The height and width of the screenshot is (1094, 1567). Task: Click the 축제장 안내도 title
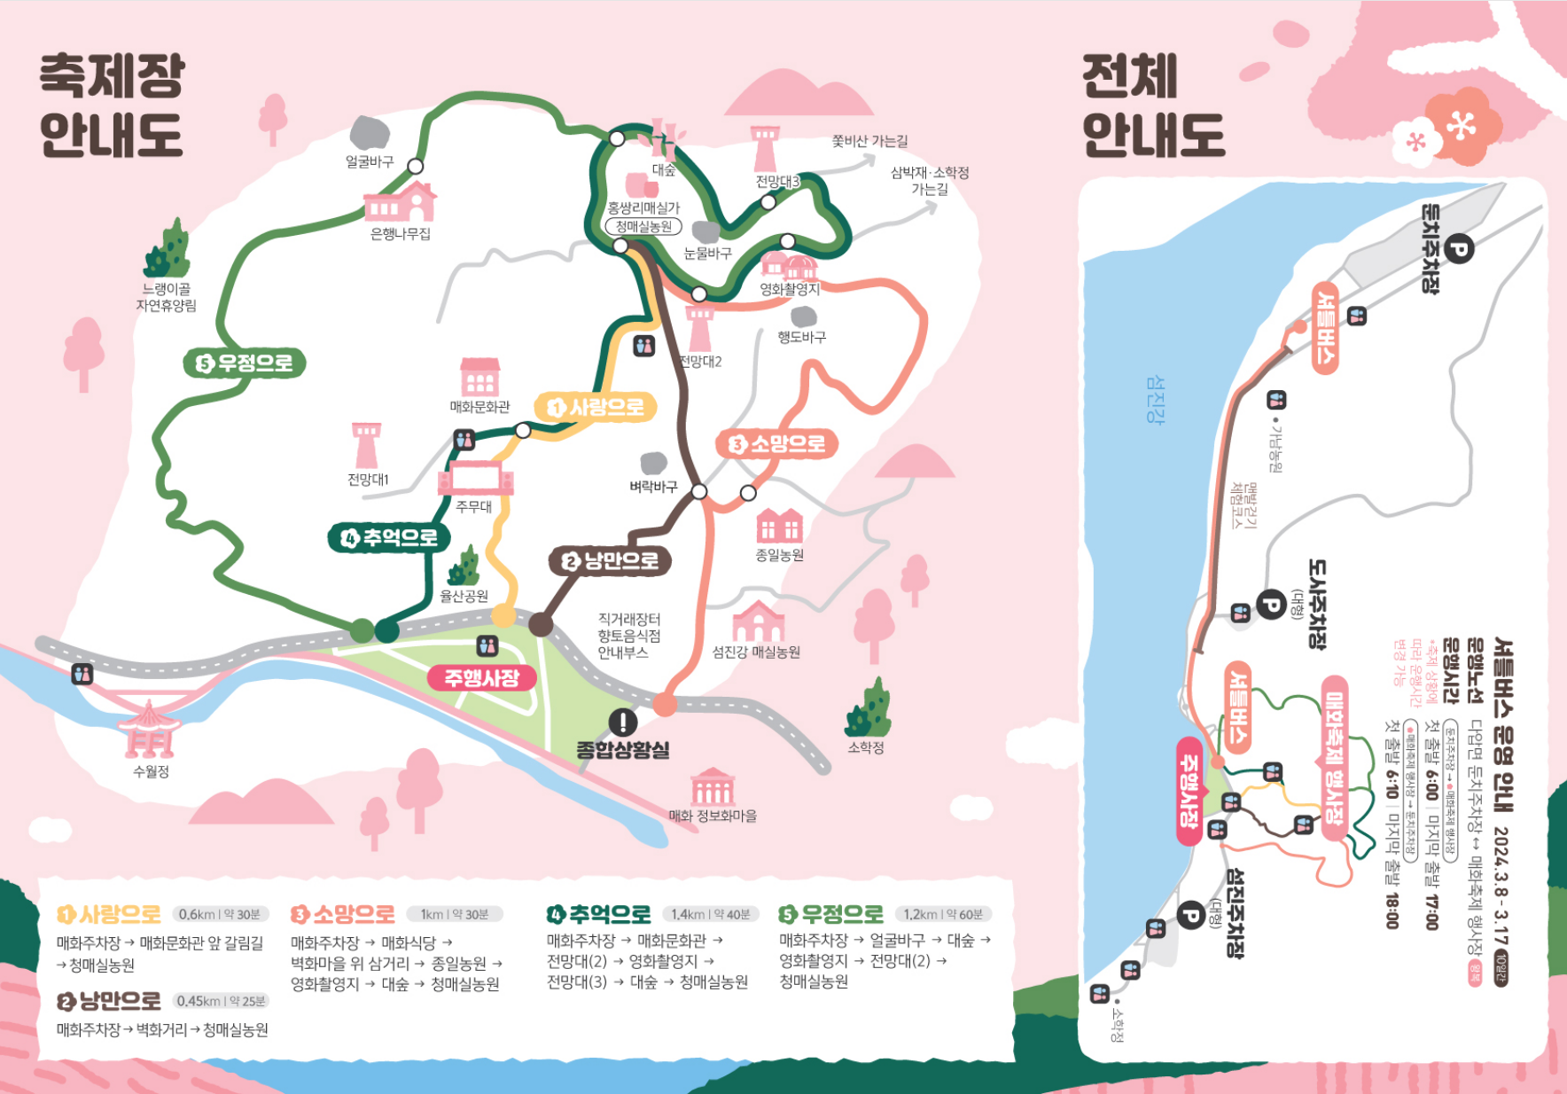tap(112, 105)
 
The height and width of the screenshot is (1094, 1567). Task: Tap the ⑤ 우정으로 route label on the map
tap(245, 363)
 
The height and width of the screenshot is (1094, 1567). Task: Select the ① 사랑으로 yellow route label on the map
tap(596, 407)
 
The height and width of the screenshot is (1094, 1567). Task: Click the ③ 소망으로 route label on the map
tap(776, 443)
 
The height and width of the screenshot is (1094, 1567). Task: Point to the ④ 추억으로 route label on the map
tap(389, 537)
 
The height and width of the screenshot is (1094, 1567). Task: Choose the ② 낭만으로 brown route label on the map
tap(610, 560)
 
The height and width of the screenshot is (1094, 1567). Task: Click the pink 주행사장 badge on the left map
tap(481, 678)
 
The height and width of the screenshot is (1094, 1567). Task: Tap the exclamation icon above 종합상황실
tap(623, 722)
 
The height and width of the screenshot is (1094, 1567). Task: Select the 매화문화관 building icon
tap(479, 377)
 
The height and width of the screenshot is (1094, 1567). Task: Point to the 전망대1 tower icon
tap(366, 444)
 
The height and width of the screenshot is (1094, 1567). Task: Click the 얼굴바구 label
tap(370, 161)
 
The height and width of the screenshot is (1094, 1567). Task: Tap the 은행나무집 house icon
tap(401, 202)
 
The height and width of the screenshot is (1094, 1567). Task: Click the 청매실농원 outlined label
tap(643, 227)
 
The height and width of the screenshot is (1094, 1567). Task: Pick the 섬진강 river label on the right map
tap(1154, 399)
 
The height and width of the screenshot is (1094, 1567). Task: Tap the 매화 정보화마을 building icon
tap(713, 786)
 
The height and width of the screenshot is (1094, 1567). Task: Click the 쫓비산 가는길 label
tap(869, 141)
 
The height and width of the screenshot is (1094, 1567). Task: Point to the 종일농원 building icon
tap(779, 525)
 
